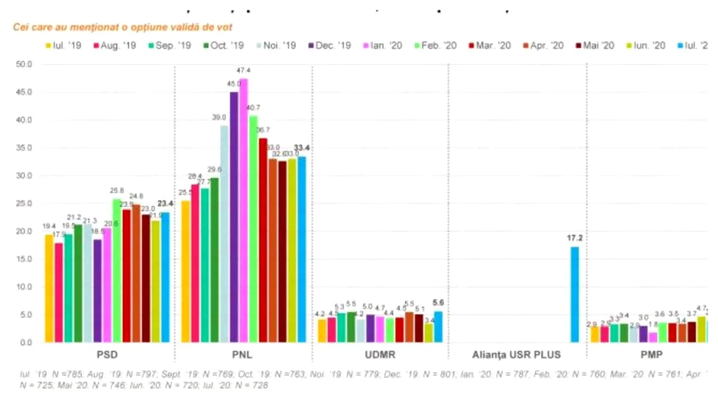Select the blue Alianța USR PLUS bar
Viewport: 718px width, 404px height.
(574, 295)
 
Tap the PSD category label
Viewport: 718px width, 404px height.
(107, 355)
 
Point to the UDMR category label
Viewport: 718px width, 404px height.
(380, 355)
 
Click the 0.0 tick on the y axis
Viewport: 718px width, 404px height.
(27, 342)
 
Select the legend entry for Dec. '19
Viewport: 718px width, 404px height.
(329, 45)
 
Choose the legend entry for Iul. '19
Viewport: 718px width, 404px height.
(63, 45)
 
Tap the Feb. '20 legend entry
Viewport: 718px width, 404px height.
(435, 45)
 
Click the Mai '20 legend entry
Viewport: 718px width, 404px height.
(593, 45)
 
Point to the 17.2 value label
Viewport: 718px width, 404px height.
(574, 238)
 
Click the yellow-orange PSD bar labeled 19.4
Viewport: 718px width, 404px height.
(49, 288)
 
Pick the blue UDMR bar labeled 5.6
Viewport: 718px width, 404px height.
(438, 327)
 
